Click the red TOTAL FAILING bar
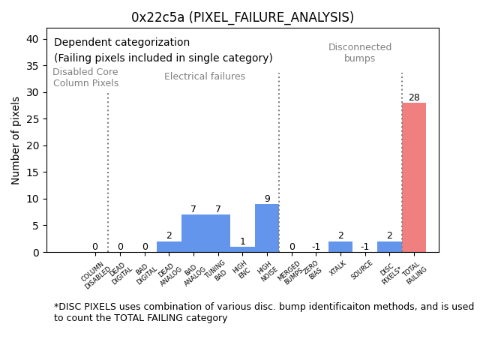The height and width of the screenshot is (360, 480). coord(414,178)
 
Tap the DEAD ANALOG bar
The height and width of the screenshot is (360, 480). coord(169,247)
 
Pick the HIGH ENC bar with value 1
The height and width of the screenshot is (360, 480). coord(242,249)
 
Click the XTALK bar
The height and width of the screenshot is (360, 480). coord(340,247)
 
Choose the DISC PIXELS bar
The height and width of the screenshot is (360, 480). coord(389,247)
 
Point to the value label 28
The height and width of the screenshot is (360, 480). coord(414,97)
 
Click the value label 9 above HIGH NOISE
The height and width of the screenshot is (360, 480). coord(267,199)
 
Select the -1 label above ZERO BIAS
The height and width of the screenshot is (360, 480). coord(316,247)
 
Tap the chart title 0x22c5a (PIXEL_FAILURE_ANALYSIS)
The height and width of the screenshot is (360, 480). coord(242,17)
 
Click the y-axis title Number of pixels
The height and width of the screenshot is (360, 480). coord(16,140)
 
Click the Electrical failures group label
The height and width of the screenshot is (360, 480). coord(205,76)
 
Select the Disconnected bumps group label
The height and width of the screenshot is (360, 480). coord(360,53)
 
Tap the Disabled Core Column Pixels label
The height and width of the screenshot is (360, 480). coord(85,77)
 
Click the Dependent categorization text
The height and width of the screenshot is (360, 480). coord(122,43)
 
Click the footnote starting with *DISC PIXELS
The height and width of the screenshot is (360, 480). coord(263,312)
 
